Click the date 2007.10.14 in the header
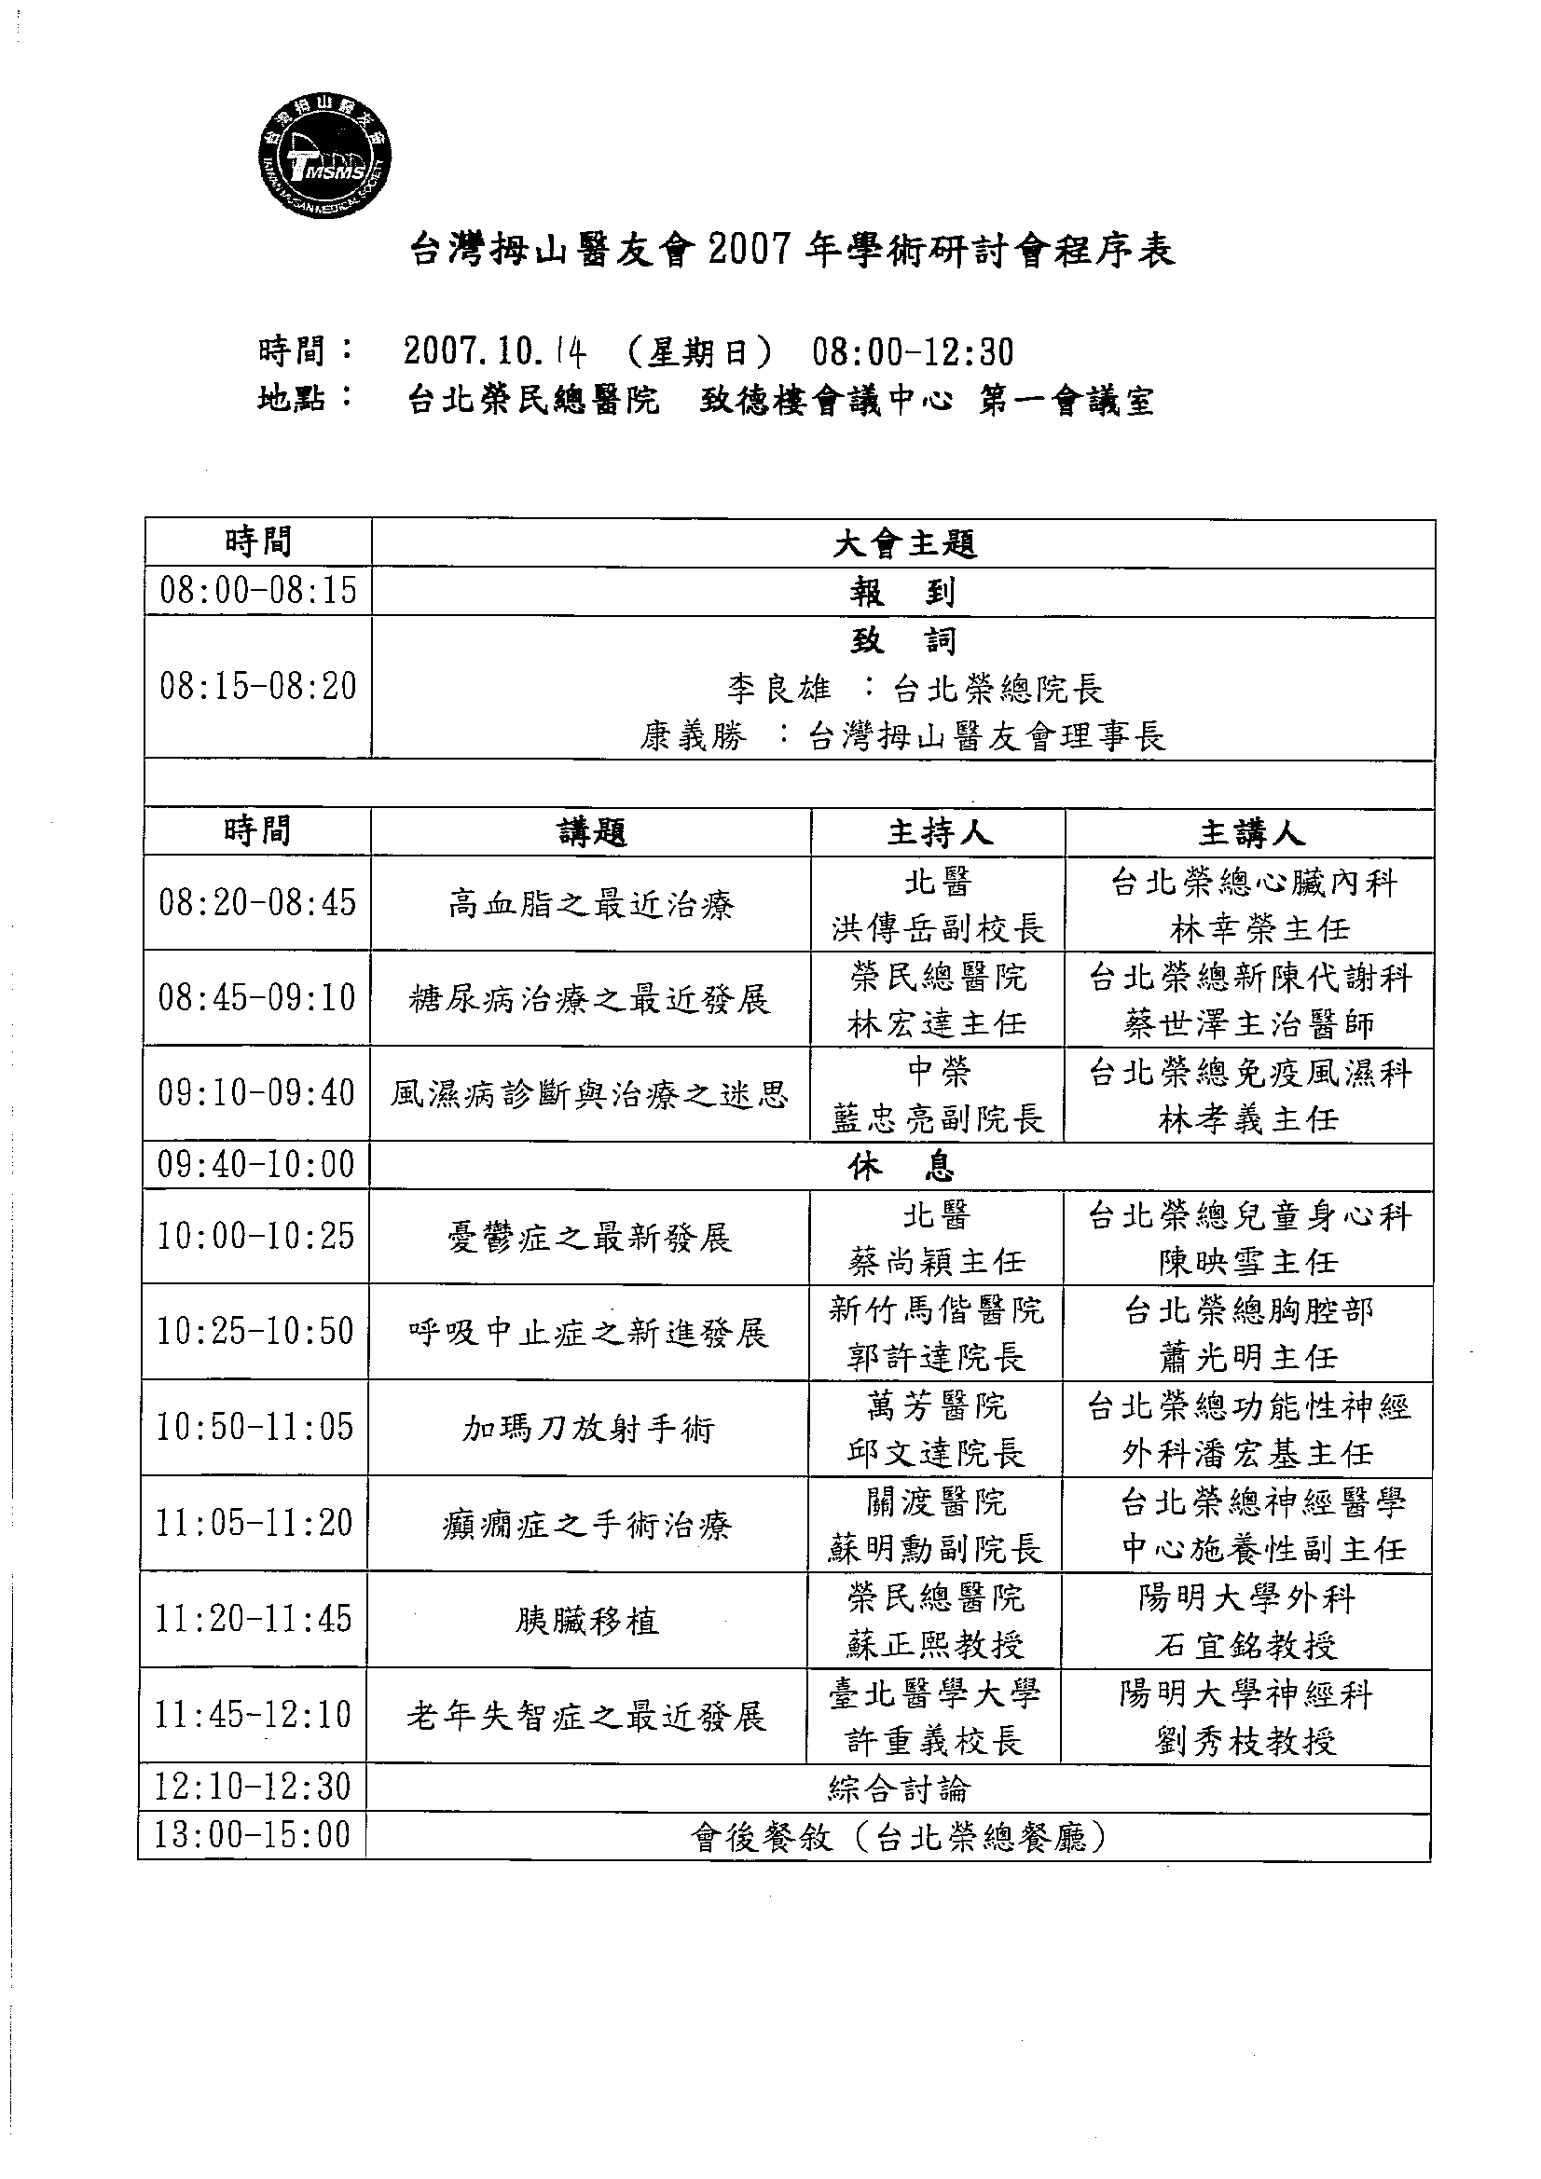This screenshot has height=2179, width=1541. pyautogui.click(x=495, y=352)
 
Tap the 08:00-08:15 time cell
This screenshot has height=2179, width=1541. pyautogui.click(x=258, y=591)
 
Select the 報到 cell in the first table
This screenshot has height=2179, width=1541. pyautogui.click(x=902, y=593)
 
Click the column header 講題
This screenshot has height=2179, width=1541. pyautogui.click(x=590, y=832)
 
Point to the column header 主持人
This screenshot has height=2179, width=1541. pyautogui.click(x=938, y=832)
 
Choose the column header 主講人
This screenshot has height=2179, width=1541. pyautogui.click(x=1249, y=832)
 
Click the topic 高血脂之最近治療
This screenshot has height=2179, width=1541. pyautogui.click(x=590, y=904)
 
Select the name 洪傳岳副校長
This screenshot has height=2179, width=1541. pyautogui.click(x=938, y=928)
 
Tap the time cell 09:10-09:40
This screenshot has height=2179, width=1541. pyautogui.click(x=256, y=1093)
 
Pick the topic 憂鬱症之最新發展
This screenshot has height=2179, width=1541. pyautogui.click(x=588, y=1238)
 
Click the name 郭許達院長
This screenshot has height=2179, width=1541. pyautogui.click(x=936, y=1357)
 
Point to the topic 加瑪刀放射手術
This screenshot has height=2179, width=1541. pyautogui.click(x=587, y=1429)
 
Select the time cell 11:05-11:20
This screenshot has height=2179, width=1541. pyautogui.click(x=255, y=1523)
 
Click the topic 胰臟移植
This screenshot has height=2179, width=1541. pyautogui.click(x=586, y=1620)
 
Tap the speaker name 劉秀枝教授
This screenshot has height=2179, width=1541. pyautogui.click(x=1245, y=1740)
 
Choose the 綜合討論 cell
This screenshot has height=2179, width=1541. pyautogui.click(x=898, y=1788)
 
